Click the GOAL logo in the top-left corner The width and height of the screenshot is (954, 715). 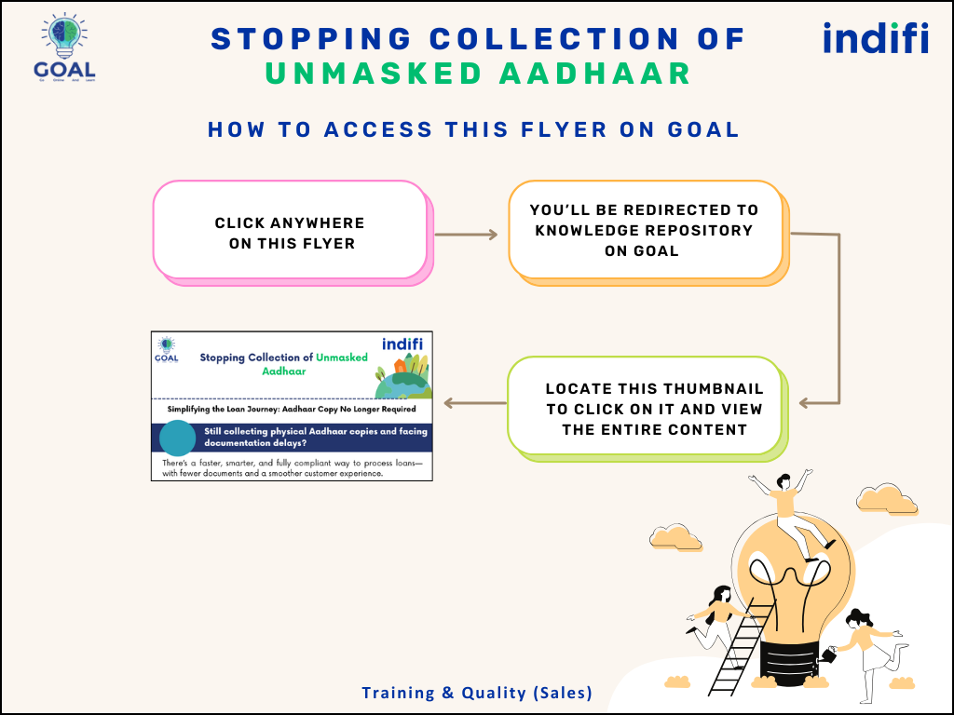62,47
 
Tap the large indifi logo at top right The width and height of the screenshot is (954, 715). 875,38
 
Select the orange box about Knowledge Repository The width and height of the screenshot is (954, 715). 645,230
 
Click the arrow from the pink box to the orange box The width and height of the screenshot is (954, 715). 466,235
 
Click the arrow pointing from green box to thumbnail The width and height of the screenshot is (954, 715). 475,403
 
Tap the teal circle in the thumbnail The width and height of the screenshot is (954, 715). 177,438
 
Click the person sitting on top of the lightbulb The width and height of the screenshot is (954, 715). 785,507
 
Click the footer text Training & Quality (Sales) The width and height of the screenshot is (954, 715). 477,693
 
